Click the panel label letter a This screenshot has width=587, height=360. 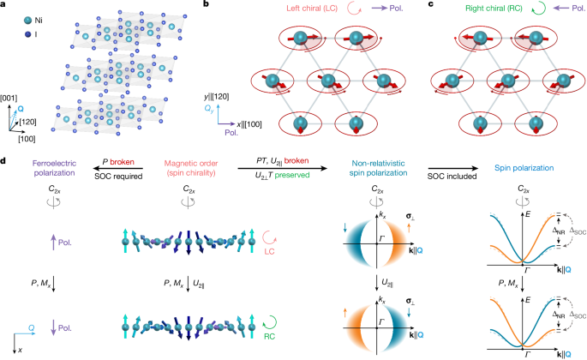tap(5, 5)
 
